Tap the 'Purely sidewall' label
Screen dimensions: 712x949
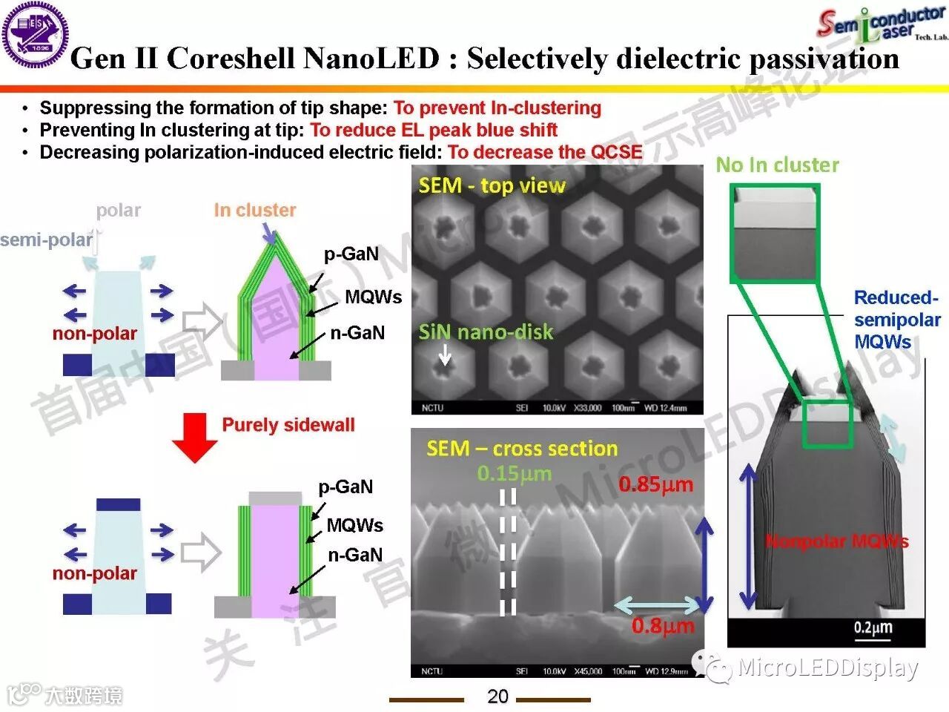pyautogui.click(x=288, y=425)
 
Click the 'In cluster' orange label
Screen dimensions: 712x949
pyautogui.click(x=254, y=211)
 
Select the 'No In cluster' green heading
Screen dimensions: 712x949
pyautogui.click(x=777, y=165)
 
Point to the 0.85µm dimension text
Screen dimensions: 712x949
pyautogui.click(x=656, y=485)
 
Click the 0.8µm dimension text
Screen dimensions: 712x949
pyautogui.click(x=663, y=626)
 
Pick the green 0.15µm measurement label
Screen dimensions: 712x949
pyautogui.click(x=515, y=473)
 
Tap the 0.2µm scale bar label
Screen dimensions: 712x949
pyautogui.click(x=873, y=628)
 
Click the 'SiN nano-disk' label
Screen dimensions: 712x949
pyautogui.click(x=486, y=332)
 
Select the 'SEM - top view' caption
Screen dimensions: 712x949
pyautogui.click(x=492, y=185)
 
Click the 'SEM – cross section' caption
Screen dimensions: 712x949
pyautogui.click(x=522, y=449)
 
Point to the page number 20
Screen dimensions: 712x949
pyautogui.click(x=497, y=696)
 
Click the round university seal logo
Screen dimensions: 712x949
pyautogui.click(x=36, y=35)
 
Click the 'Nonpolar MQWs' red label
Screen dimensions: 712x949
pyautogui.click(x=836, y=541)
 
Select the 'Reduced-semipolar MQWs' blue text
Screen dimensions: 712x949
pyautogui.click(x=896, y=320)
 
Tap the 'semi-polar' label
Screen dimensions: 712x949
pyautogui.click(x=46, y=240)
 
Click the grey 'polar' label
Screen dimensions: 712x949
pyautogui.click(x=119, y=211)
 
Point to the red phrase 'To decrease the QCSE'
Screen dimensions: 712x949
pyautogui.click(x=545, y=153)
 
